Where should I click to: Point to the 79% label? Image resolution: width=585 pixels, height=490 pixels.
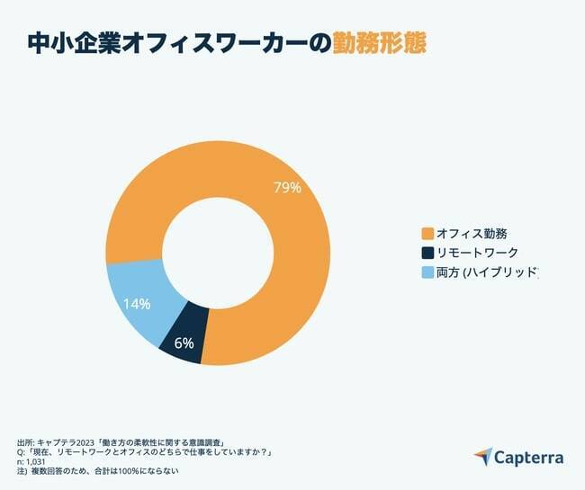point(286,188)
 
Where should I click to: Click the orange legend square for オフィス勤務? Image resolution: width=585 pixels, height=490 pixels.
point(427,234)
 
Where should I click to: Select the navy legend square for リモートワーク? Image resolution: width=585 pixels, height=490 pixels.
point(427,253)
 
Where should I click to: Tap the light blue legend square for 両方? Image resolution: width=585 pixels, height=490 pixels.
point(427,272)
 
